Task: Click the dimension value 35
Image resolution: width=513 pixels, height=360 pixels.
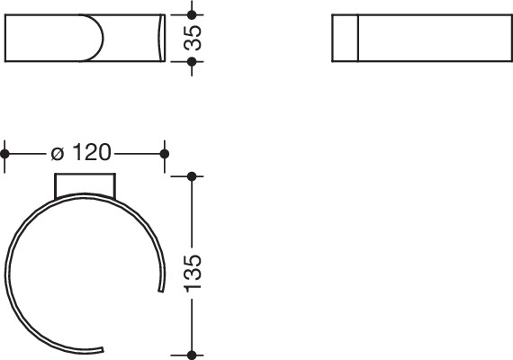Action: click(x=193, y=38)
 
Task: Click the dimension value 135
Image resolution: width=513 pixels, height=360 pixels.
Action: click(x=193, y=274)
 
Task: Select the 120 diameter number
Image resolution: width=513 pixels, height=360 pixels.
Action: click(x=92, y=152)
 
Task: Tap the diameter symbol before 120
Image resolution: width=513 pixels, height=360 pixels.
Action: click(x=58, y=154)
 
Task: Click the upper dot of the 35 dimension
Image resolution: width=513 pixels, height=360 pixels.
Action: click(x=192, y=14)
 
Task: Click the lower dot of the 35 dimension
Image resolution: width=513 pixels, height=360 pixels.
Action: click(x=192, y=61)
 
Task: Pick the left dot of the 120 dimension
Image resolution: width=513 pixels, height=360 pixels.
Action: click(x=4, y=154)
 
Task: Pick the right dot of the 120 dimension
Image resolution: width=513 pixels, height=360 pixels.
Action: click(x=165, y=154)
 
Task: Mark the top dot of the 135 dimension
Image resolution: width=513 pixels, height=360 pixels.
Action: click(x=192, y=176)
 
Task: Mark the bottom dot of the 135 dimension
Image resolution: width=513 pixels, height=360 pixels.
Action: click(x=192, y=355)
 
